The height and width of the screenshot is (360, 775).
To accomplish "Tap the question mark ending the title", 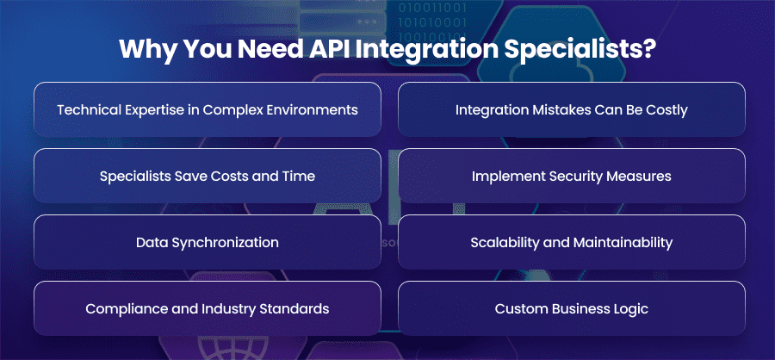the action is coord(649,48).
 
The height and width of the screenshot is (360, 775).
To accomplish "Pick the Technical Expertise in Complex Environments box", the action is coord(208,109).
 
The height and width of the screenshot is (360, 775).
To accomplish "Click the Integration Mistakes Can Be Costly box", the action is coord(572,109).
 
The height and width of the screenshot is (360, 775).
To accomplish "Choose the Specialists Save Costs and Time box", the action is coord(208,176).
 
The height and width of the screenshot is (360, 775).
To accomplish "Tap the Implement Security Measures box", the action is coord(572,176).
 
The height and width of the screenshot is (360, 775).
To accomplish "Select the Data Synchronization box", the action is coord(208,242).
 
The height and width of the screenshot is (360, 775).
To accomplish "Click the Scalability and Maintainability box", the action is coord(572,242).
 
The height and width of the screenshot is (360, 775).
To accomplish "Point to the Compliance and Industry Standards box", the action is coord(208,308).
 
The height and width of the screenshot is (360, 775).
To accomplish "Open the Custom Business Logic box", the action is coord(572,308).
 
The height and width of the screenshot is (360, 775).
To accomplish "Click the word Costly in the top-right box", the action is coord(667,110).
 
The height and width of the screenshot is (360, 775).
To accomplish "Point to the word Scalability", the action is coord(500,243).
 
